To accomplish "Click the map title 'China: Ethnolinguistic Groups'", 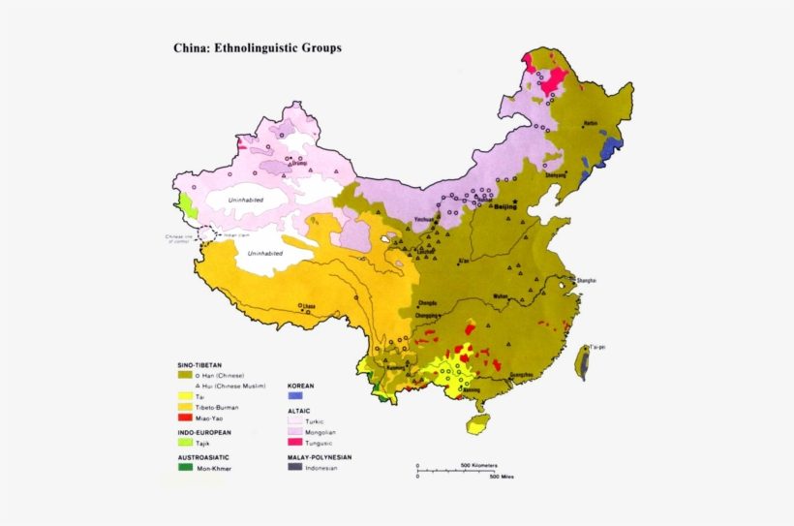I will click(x=257, y=46).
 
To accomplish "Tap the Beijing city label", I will click(x=507, y=207).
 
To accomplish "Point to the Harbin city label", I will click(x=591, y=124).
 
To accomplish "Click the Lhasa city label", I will click(x=309, y=306).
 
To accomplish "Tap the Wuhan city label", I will click(x=500, y=295).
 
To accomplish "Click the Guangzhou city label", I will click(x=521, y=374).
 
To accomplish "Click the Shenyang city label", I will click(x=556, y=175).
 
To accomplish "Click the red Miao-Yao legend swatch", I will click(x=185, y=418).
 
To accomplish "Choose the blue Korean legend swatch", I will click(x=295, y=396).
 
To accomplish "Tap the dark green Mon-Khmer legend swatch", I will click(x=185, y=468).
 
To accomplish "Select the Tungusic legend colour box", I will click(x=295, y=442).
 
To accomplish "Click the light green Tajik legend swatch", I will click(x=185, y=443).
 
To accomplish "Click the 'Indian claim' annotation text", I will click(x=237, y=234).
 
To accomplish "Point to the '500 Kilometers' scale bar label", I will click(x=478, y=465).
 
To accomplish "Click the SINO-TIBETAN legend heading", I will click(x=199, y=365).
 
